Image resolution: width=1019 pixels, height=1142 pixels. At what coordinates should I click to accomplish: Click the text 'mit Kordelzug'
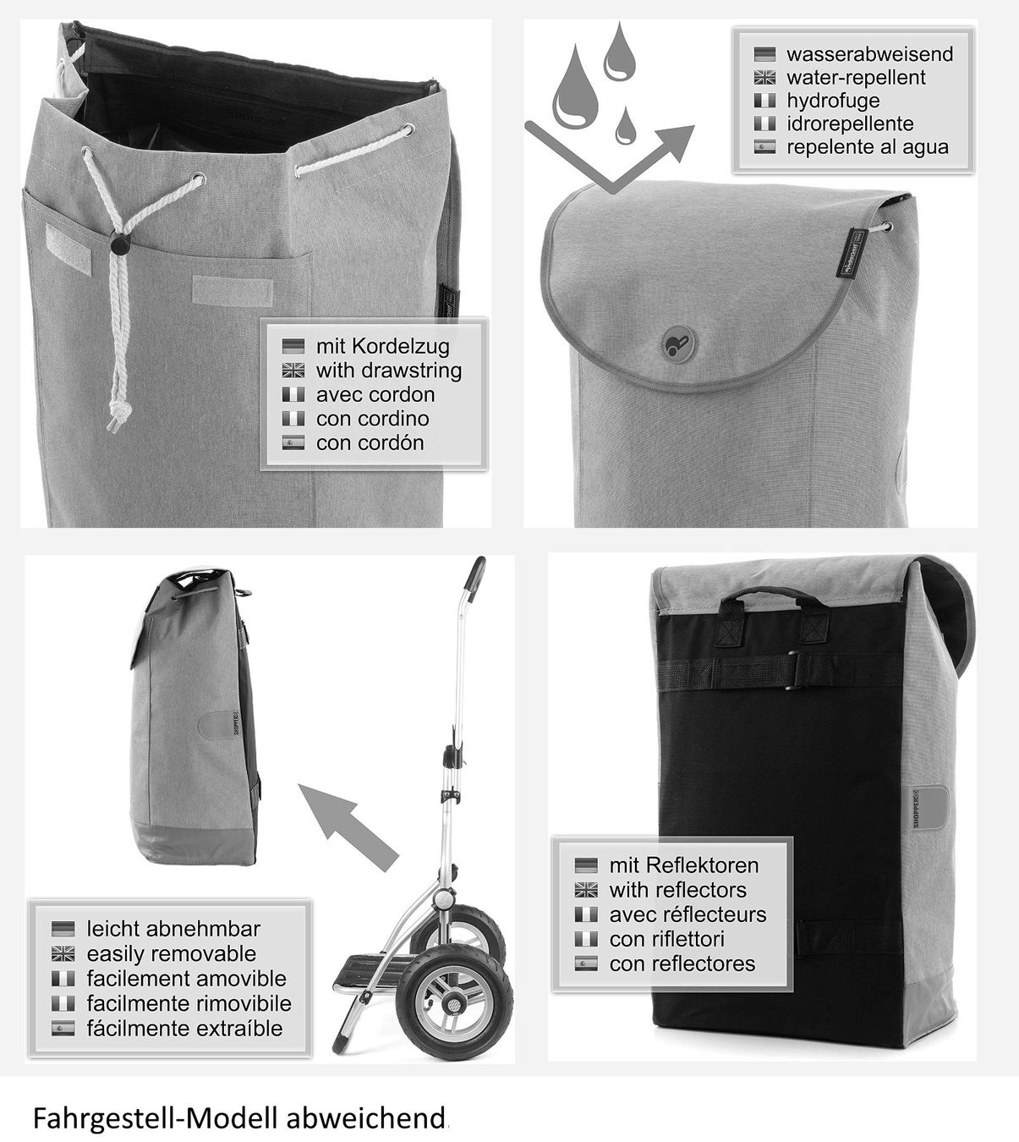383,346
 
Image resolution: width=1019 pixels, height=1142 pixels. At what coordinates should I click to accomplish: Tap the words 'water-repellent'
856,77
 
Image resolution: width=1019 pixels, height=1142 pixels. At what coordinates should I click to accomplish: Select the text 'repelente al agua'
868,147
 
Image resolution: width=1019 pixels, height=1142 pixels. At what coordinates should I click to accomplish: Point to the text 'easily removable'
172,953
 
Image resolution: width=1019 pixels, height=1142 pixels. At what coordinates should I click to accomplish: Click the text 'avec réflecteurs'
688,914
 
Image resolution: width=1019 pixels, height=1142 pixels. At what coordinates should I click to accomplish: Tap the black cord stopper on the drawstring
119,246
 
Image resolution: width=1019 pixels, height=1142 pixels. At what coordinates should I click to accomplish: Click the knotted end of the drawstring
116,418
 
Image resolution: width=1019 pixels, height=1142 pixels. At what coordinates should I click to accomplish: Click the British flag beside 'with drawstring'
293,371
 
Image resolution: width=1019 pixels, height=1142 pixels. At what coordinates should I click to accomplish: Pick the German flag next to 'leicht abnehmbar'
63,928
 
